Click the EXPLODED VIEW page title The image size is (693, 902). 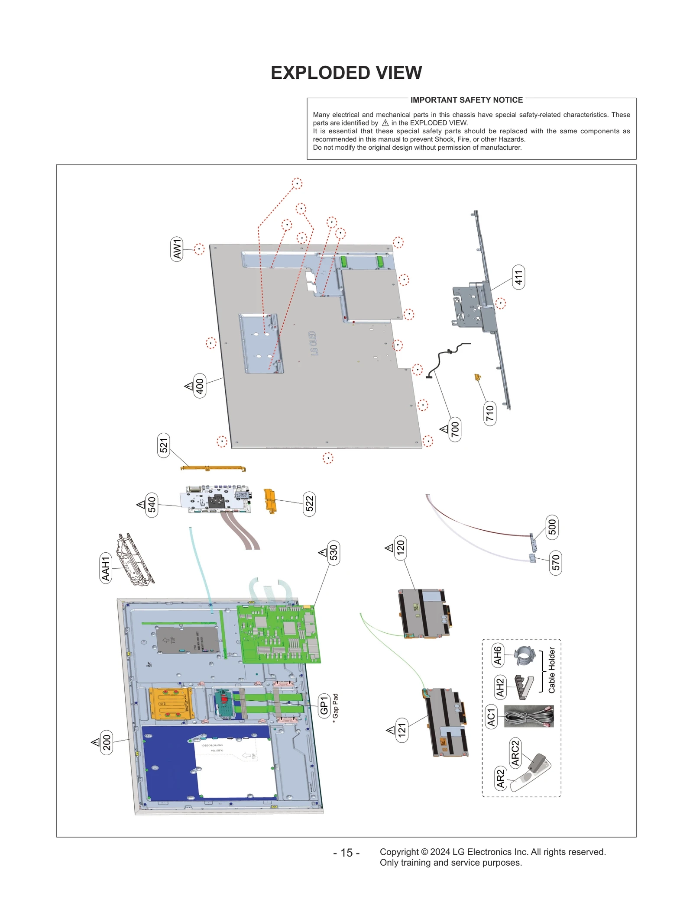(x=346, y=73)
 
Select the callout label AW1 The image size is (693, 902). (x=177, y=249)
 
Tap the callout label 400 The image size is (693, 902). (x=200, y=385)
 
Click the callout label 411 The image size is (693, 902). (x=518, y=277)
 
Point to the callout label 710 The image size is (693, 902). (x=489, y=413)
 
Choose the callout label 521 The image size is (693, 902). (x=163, y=445)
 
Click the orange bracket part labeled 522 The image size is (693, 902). (x=269, y=501)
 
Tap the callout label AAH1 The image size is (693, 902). (x=106, y=568)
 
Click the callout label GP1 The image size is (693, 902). (x=324, y=706)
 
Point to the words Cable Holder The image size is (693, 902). (x=551, y=670)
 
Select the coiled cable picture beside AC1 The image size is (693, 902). (x=529, y=716)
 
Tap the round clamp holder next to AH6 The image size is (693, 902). (x=525, y=655)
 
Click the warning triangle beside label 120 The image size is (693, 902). (x=389, y=548)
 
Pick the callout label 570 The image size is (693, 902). (x=556, y=563)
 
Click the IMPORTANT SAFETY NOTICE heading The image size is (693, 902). (x=466, y=100)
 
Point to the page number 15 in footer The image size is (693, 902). (x=346, y=853)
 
